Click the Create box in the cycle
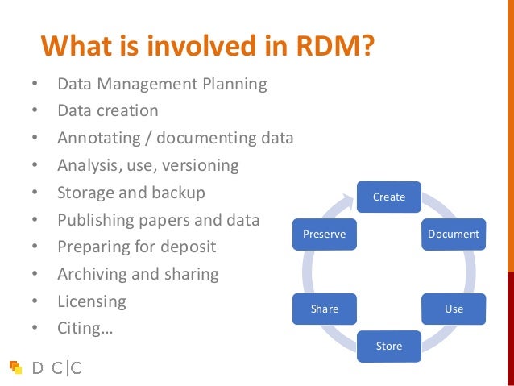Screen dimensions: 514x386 (x=389, y=197)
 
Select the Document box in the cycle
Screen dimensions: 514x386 (x=453, y=235)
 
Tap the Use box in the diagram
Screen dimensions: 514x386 (x=454, y=309)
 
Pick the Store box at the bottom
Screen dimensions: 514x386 (x=389, y=347)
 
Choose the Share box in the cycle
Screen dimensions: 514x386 (x=325, y=309)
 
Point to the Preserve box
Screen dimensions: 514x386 (x=324, y=235)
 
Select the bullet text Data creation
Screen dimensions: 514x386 (x=107, y=110)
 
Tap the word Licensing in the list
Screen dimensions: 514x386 (x=91, y=301)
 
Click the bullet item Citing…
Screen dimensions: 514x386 (x=84, y=328)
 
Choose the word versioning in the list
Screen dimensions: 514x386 (x=201, y=165)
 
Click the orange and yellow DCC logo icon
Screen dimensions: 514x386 (x=15, y=367)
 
